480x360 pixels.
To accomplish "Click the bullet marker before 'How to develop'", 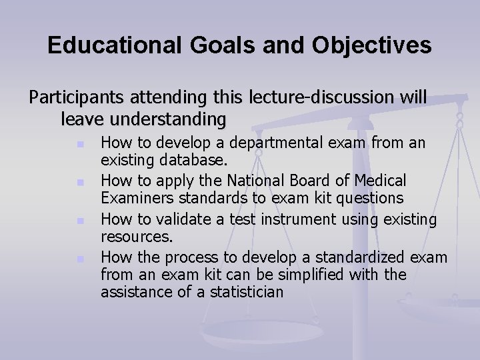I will (79, 144).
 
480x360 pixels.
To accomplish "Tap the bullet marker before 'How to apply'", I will (79, 182).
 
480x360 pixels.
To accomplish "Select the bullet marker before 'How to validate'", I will (79, 220).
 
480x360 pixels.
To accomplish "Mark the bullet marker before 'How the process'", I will (79, 258).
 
